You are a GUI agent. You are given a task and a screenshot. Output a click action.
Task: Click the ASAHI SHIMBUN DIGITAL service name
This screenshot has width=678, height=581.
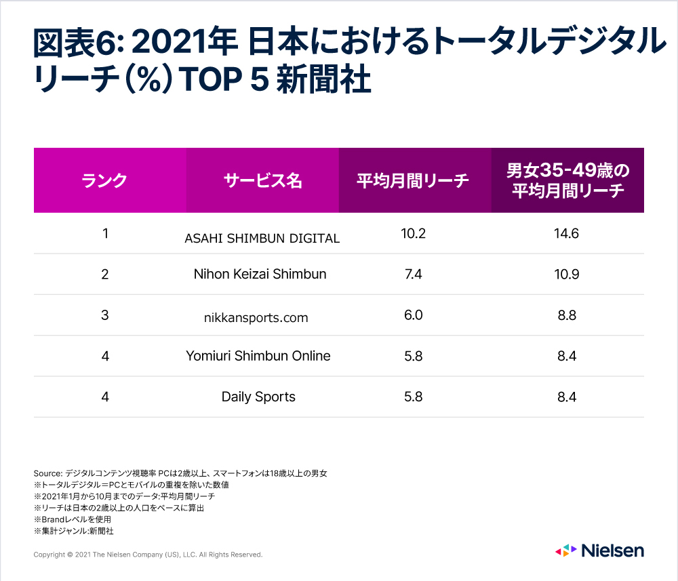(x=262, y=238)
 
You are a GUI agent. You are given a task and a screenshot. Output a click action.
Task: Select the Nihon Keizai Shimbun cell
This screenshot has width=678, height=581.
(x=260, y=274)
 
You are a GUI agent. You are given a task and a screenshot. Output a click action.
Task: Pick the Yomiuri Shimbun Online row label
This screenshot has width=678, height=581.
(x=258, y=356)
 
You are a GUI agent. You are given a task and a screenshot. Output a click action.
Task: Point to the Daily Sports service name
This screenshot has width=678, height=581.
(x=258, y=397)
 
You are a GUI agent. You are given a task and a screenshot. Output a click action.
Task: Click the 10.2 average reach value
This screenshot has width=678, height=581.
(x=412, y=233)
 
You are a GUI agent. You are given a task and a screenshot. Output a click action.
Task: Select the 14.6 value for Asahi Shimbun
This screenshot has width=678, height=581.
(x=567, y=233)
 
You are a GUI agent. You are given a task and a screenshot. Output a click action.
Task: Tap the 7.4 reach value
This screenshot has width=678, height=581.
(x=412, y=274)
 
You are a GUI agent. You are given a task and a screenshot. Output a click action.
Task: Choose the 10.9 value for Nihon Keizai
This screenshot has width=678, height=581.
(x=567, y=274)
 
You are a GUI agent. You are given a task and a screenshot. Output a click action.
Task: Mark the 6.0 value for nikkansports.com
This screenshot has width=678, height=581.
(x=412, y=315)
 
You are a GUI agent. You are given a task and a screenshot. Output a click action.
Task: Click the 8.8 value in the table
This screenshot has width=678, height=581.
(x=567, y=315)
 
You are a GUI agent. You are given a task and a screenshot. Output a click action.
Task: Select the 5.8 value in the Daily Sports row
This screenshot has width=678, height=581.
(x=412, y=397)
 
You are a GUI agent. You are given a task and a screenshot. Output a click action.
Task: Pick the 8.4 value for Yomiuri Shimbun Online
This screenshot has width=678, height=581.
(x=567, y=356)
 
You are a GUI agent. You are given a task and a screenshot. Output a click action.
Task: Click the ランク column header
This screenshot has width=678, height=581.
(x=104, y=181)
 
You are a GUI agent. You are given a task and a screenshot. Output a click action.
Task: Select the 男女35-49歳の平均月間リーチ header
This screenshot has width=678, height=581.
(x=567, y=180)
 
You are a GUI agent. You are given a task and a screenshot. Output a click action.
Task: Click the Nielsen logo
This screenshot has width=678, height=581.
(x=599, y=550)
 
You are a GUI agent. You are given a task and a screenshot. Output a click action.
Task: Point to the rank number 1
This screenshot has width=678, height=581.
(x=105, y=233)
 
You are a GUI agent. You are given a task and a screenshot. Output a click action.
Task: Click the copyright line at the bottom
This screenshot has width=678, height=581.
(x=148, y=555)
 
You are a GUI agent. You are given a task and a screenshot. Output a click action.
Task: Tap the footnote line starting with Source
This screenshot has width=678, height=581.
(x=180, y=473)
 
